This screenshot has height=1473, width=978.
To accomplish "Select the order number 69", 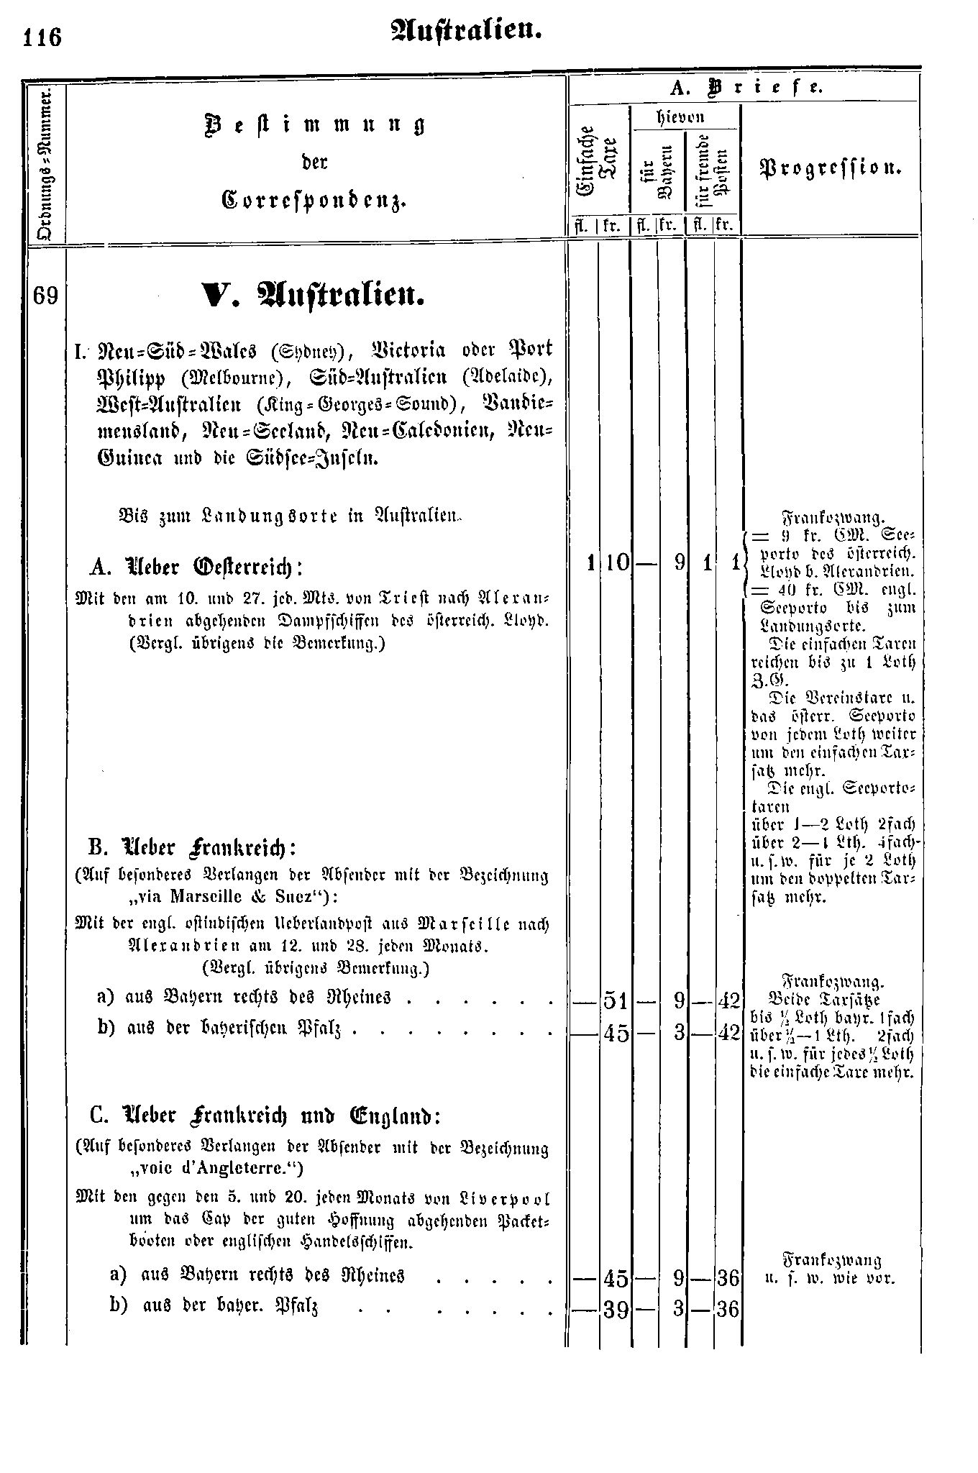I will pos(45,296).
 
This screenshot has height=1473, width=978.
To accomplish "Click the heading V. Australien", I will pos(312,295).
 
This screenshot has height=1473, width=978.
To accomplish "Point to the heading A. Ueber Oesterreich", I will pos(196,567).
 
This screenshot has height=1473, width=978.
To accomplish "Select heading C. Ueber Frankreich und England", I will pos(265,1116).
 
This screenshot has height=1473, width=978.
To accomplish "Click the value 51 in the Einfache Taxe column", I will pos(616,1000).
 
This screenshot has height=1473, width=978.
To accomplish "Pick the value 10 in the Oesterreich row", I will pos(616,563).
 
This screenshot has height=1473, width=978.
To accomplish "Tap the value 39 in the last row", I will pos(616,1310).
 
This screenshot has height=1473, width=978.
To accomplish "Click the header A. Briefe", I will pos(744,88).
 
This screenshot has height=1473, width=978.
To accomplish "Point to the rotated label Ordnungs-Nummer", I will pos(45,165).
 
